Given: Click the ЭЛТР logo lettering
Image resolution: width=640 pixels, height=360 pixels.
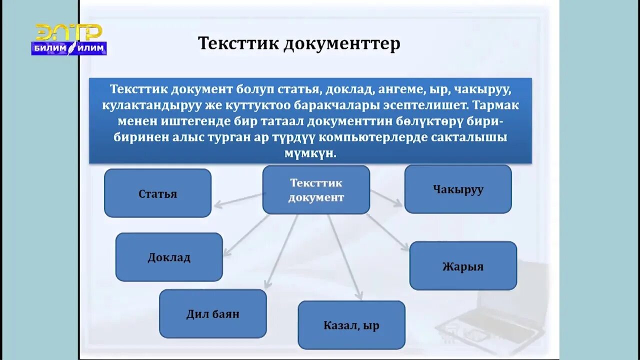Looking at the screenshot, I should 68,32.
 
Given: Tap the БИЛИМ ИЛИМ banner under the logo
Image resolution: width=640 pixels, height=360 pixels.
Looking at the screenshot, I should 68,48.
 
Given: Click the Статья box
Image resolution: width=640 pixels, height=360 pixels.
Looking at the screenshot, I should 157,193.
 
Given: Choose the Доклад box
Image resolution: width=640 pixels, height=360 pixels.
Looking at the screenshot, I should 169,257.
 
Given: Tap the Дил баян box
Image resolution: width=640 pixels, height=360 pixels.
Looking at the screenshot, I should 212,313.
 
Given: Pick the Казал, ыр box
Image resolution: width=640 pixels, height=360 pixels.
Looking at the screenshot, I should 351,325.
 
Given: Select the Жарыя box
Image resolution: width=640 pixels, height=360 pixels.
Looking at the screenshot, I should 463,265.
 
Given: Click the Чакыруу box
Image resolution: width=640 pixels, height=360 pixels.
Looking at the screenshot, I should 457,189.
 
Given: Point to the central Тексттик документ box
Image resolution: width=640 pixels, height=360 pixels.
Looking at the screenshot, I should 316,190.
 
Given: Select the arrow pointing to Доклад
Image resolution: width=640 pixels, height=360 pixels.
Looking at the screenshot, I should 246,235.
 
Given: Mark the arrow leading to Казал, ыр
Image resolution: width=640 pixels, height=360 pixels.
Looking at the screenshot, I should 344,257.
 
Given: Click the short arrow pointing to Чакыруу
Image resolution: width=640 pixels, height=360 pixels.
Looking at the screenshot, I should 386,197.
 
